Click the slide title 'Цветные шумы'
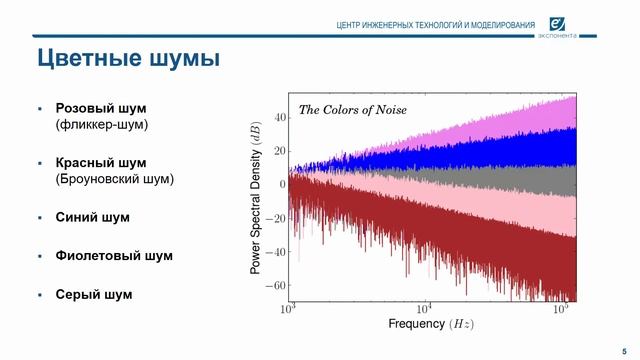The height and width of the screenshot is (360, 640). click(128, 59)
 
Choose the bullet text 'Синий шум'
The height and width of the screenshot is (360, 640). click(93, 217)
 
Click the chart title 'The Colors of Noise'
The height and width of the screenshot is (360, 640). click(353, 109)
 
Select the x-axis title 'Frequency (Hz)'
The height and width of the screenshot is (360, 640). click(431, 325)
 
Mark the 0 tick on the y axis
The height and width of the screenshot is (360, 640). click(282, 184)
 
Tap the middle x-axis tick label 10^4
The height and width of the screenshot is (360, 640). click(424, 308)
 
